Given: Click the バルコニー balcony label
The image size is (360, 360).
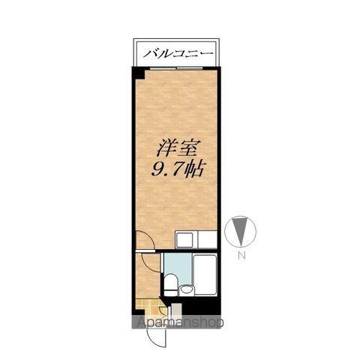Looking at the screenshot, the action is [x=178, y=53].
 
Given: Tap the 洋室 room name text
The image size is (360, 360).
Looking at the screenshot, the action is [x=176, y=148].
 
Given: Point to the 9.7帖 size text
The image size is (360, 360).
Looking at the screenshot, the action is [x=176, y=169].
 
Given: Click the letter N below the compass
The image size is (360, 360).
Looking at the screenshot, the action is [x=241, y=255].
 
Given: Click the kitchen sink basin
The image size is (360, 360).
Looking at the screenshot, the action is [x=184, y=240].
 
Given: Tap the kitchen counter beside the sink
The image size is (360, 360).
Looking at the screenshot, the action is [x=207, y=240].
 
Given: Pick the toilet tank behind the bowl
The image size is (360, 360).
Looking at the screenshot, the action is [x=170, y=292].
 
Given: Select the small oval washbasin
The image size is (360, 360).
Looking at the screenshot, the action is [x=186, y=290].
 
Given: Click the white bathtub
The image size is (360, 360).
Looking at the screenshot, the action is [x=205, y=274].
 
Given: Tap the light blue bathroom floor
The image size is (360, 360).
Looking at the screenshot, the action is [x=178, y=265].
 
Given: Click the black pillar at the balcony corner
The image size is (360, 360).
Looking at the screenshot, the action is [x=139, y=73].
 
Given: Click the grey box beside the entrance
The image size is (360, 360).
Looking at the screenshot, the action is [x=176, y=311].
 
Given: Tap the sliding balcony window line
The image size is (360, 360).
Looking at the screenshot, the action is [x=177, y=68].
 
